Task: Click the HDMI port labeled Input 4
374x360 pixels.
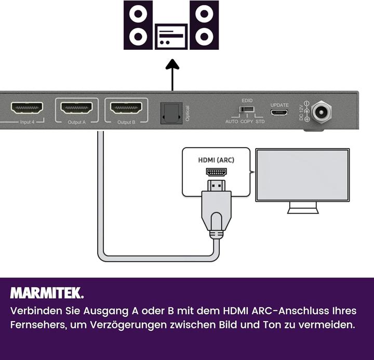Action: [27, 108]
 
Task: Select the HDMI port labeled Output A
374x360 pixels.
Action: [76, 108]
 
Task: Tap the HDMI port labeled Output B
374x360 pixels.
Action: [126, 108]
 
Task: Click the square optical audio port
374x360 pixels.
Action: [170, 112]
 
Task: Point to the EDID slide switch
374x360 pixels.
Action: [247, 110]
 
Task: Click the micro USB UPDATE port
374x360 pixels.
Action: [279, 112]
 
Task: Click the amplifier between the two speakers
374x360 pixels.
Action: [171, 36]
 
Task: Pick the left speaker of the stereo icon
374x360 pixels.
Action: [138, 25]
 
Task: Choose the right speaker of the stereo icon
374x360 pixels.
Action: [204, 25]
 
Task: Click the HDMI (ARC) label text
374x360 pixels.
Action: [216, 160]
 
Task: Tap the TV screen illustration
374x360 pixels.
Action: [302, 175]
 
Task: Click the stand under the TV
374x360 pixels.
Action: [302, 208]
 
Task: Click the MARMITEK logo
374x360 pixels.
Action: [47, 293]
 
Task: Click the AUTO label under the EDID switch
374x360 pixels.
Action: [232, 122]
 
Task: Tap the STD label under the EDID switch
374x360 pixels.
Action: [260, 122]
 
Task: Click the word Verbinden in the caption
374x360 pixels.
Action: [34, 311]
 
